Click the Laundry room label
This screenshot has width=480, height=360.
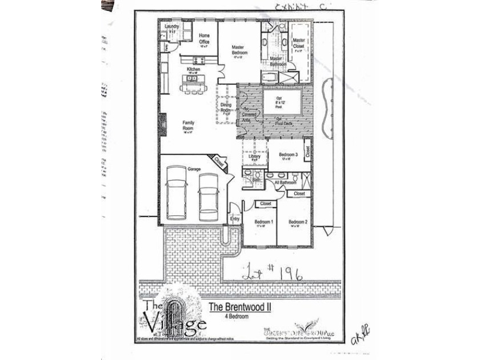(x=172, y=27)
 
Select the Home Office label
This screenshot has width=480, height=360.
(x=204, y=38)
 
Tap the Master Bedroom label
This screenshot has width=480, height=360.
(x=239, y=49)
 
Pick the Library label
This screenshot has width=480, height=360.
(x=254, y=157)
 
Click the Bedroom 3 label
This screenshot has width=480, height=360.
(x=288, y=155)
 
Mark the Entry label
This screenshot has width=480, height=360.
(x=235, y=218)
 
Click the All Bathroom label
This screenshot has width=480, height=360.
(x=285, y=182)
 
